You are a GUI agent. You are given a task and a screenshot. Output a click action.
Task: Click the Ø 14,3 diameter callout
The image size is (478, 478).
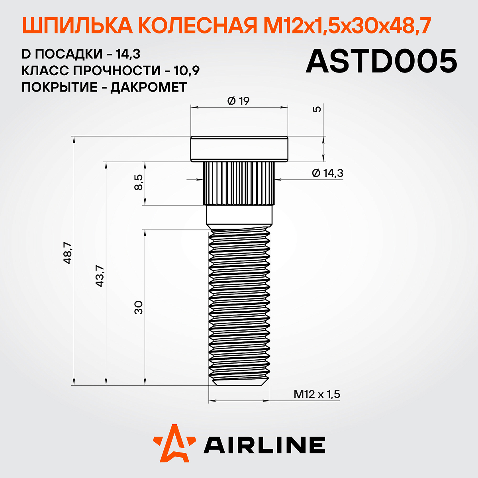[x=327, y=173]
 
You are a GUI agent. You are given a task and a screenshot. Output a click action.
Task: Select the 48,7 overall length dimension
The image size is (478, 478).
[x=68, y=253]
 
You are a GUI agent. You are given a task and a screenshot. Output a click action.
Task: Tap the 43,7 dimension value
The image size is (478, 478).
[x=100, y=276]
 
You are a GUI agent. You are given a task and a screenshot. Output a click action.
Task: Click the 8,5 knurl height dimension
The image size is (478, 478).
[x=138, y=183]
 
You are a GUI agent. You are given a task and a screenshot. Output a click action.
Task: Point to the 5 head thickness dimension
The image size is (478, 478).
[x=317, y=109]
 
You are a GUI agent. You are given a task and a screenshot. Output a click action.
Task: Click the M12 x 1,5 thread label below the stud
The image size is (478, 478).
[x=317, y=394]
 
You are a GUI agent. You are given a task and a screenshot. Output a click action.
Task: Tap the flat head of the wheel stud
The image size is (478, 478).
[x=239, y=149]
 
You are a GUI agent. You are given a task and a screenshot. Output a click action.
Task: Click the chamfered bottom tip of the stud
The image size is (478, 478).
[x=239, y=382]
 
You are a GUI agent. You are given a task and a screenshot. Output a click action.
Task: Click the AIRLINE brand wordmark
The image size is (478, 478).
[x=264, y=445]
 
